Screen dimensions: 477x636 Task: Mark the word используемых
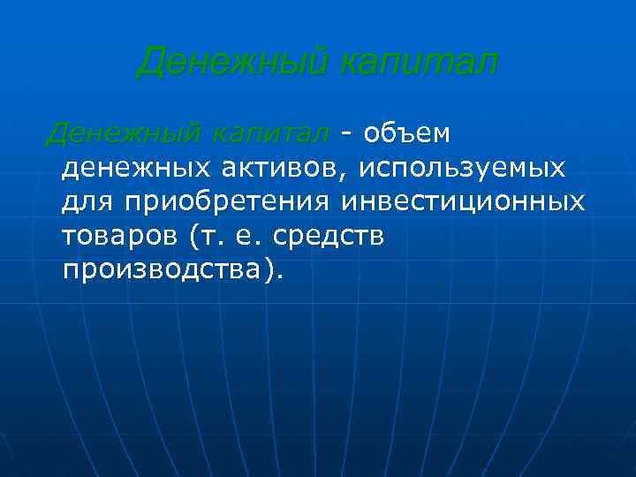[x=458, y=168]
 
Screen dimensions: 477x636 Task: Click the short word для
[x=88, y=202]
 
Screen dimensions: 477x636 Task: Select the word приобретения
[x=228, y=202]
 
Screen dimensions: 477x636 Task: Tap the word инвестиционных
[x=462, y=201]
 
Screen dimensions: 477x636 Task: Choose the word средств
[x=329, y=236]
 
